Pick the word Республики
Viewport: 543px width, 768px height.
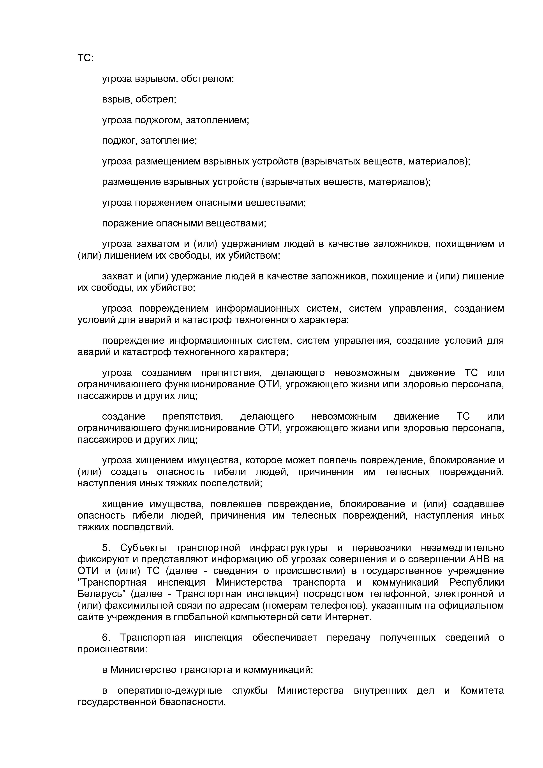476,582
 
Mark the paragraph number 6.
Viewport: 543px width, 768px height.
106,637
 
